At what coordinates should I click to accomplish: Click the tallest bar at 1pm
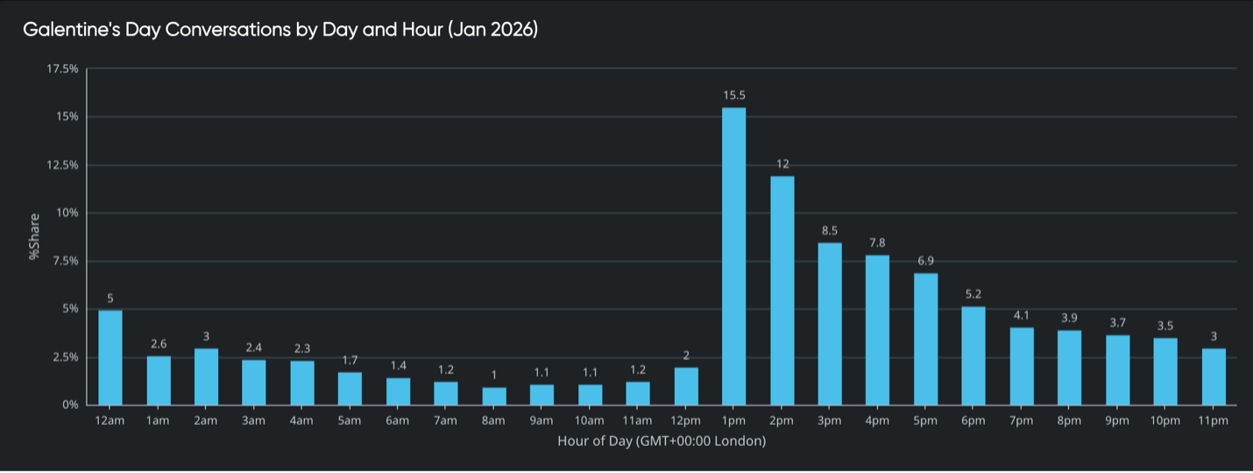click(x=733, y=256)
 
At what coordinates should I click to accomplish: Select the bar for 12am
click(x=110, y=357)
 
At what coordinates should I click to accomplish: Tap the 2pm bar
click(x=782, y=290)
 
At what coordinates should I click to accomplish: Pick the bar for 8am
click(x=493, y=396)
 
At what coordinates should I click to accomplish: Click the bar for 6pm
click(x=973, y=356)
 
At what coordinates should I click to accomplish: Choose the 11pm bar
click(x=1213, y=377)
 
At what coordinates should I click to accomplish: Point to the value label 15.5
click(x=733, y=95)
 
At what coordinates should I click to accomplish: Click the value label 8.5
click(x=830, y=230)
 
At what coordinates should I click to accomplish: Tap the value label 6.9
click(x=925, y=261)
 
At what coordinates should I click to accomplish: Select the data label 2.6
click(x=159, y=343)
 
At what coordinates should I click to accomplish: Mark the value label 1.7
click(x=350, y=360)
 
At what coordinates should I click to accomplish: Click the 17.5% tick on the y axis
click(x=62, y=68)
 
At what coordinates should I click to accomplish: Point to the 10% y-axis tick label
click(x=67, y=213)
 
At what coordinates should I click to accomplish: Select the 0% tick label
click(x=69, y=406)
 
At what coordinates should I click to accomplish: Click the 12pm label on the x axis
click(x=685, y=421)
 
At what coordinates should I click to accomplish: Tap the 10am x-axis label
click(x=589, y=421)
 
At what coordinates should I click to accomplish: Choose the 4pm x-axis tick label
click(x=877, y=421)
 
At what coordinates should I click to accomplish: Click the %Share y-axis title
click(x=35, y=236)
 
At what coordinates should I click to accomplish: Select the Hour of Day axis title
click(x=662, y=441)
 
